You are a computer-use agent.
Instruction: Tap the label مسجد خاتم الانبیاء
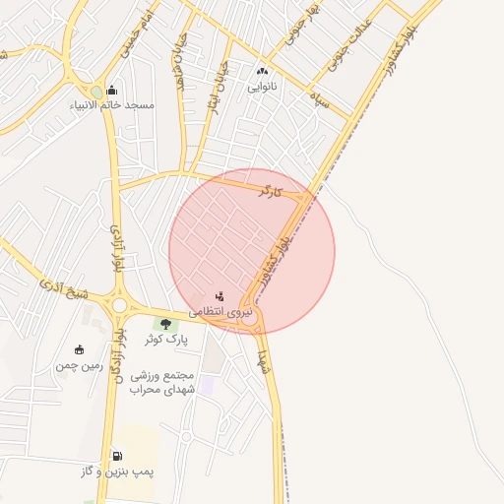point(112,105)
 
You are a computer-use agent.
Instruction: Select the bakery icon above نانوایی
point(262,72)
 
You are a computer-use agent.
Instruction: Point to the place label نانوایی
point(262,87)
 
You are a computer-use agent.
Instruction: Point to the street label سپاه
point(318,98)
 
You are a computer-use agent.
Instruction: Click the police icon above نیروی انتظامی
point(220,295)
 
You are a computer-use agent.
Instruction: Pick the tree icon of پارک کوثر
point(165,323)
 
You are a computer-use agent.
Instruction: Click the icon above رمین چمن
point(79,349)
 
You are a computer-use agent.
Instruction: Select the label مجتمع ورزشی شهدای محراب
point(163,383)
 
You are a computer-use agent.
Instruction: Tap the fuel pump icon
point(118,456)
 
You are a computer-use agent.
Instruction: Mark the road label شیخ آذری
point(64,289)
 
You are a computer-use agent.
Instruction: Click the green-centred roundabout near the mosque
point(95,91)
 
